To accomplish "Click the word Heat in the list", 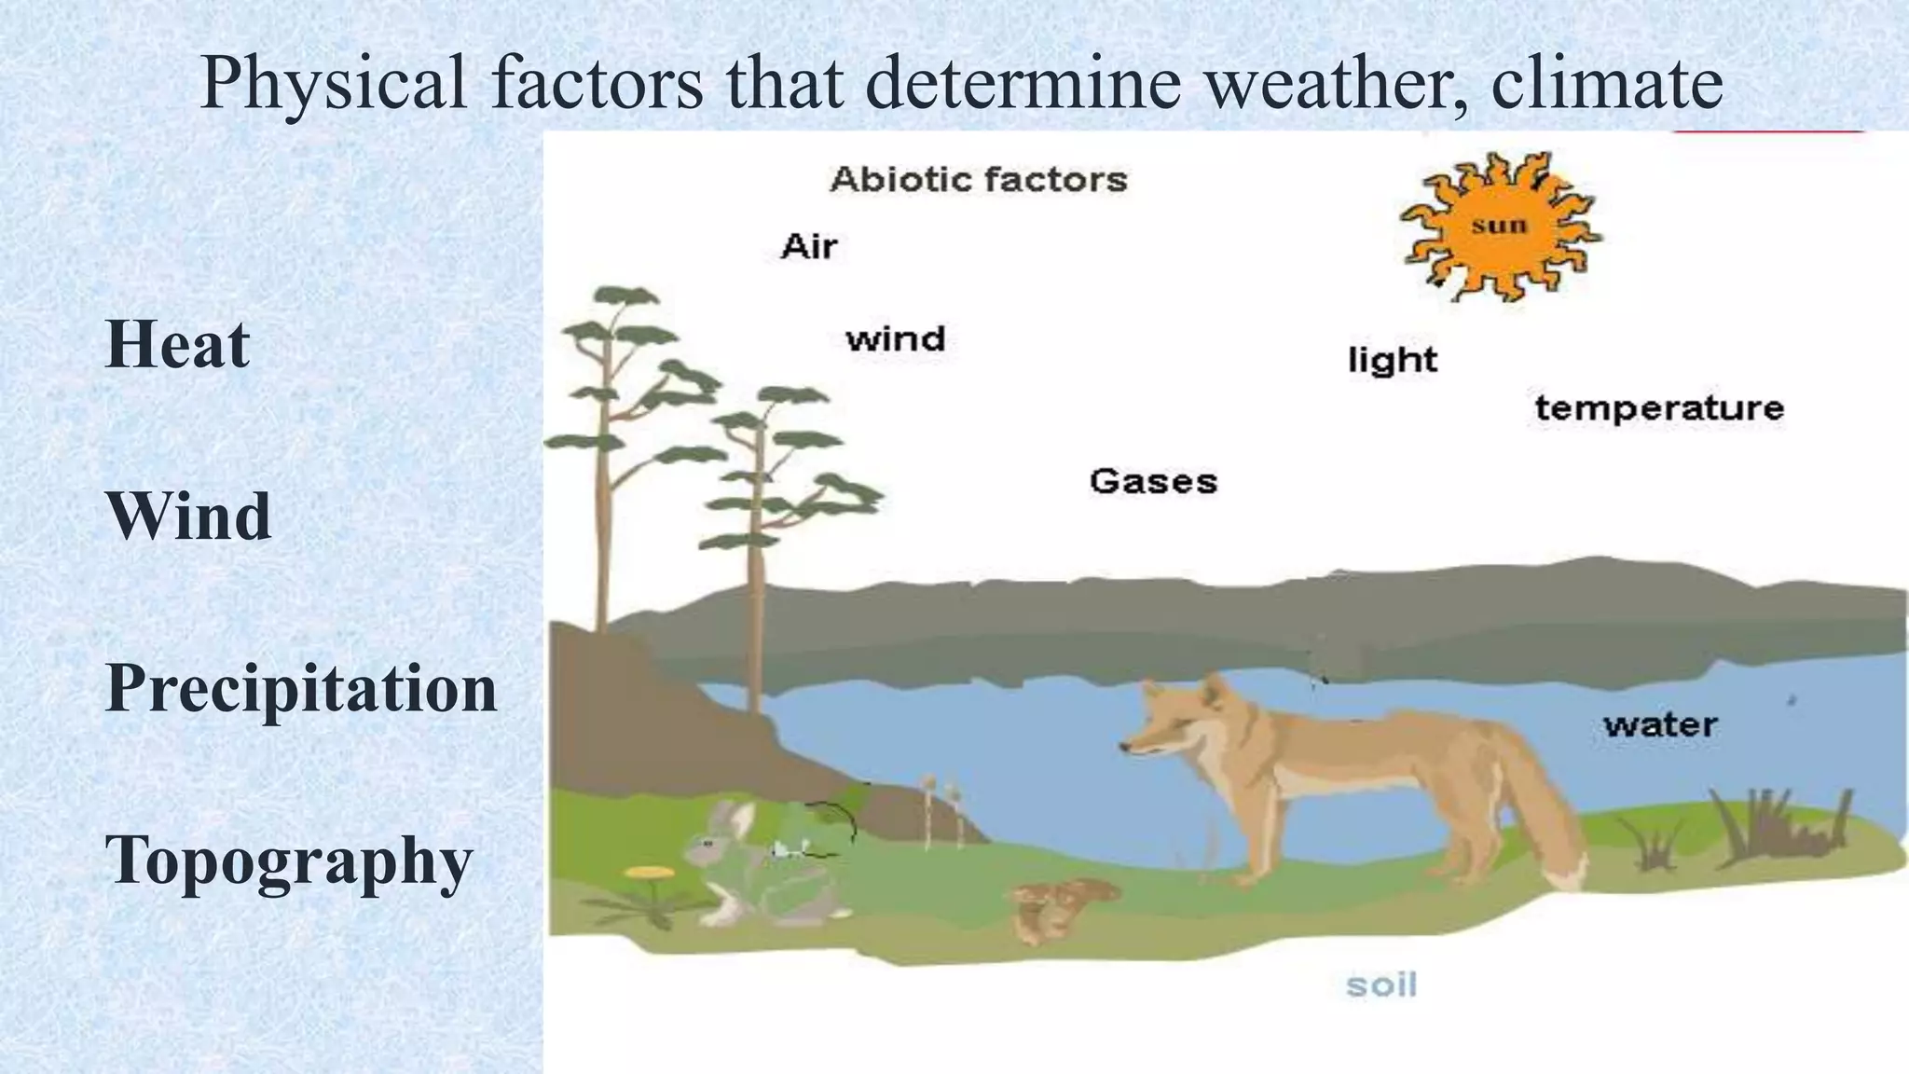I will (177, 344).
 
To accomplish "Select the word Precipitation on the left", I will (301, 689).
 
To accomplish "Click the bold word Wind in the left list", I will (188, 516).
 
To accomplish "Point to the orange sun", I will (1500, 227).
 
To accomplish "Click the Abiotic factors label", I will (978, 179).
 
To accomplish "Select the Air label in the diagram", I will (808, 247).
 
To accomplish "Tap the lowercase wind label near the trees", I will (895, 338).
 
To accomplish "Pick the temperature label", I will (1659, 408).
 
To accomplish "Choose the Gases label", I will (1153, 482).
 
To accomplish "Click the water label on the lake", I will (1660, 725).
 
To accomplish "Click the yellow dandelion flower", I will (650, 874).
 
